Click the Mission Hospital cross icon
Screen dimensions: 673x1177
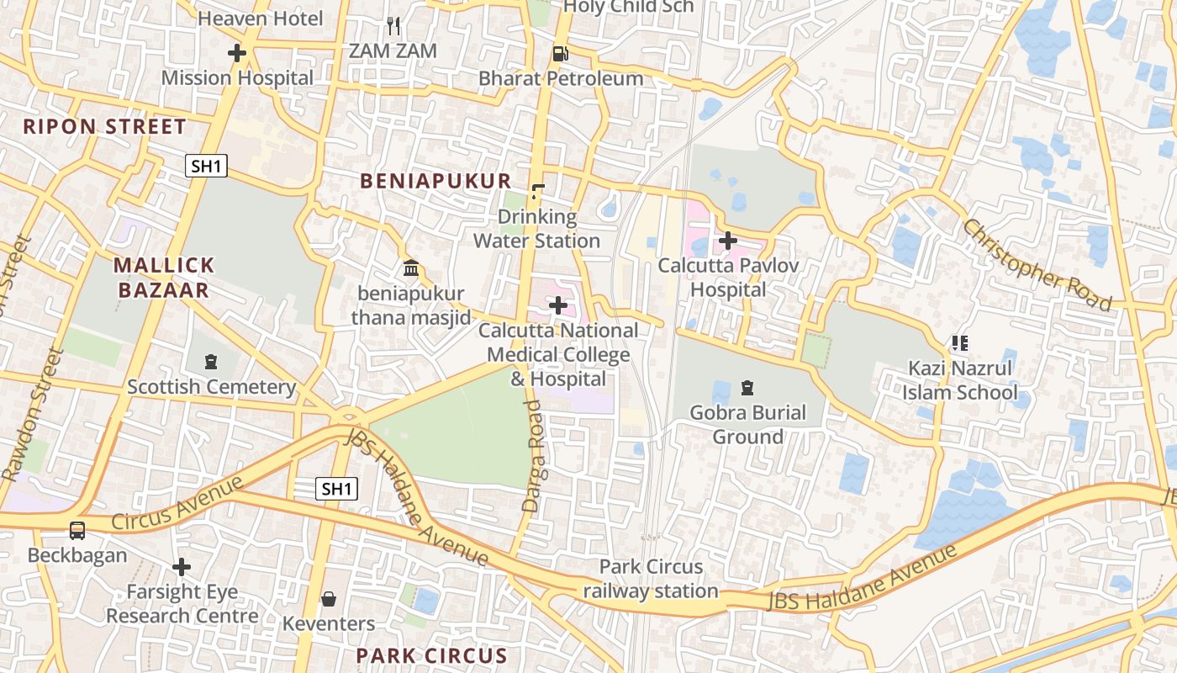point(237,53)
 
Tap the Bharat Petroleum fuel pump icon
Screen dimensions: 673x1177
point(560,54)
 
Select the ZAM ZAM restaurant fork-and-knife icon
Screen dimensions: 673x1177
point(393,26)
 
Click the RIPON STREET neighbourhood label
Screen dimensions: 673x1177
point(104,127)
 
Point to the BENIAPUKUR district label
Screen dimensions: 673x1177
point(435,181)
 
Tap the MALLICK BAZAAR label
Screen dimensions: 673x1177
point(165,278)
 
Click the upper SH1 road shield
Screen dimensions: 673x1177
point(206,166)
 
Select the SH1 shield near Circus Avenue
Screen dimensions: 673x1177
point(336,488)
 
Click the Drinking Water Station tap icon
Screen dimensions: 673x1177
point(538,192)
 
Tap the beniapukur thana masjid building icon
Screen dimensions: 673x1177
point(411,268)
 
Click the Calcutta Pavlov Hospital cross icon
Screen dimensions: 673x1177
point(728,241)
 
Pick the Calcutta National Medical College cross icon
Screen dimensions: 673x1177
point(557,305)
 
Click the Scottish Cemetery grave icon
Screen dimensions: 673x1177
point(211,362)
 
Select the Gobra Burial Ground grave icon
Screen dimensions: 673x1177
point(747,388)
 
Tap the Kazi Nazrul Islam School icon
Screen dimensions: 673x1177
point(959,343)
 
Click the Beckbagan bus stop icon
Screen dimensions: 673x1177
point(77,531)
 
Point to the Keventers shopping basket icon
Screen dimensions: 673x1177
point(329,599)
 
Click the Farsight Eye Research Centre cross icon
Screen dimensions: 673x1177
point(181,567)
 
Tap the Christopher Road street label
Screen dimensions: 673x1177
point(1037,265)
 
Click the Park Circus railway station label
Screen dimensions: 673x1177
point(652,579)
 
